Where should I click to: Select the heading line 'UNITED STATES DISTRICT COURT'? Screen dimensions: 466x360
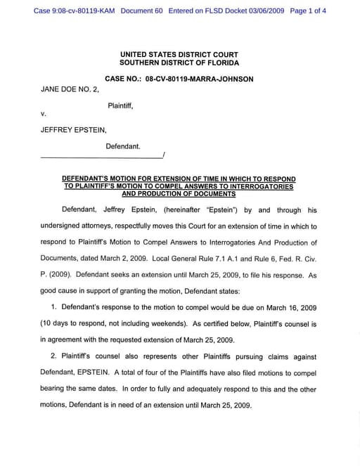(179, 54)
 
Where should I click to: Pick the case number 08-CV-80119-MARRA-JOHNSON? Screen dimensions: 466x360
(200, 79)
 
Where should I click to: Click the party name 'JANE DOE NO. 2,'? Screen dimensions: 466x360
(69, 89)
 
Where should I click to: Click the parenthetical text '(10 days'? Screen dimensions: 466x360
(54, 324)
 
